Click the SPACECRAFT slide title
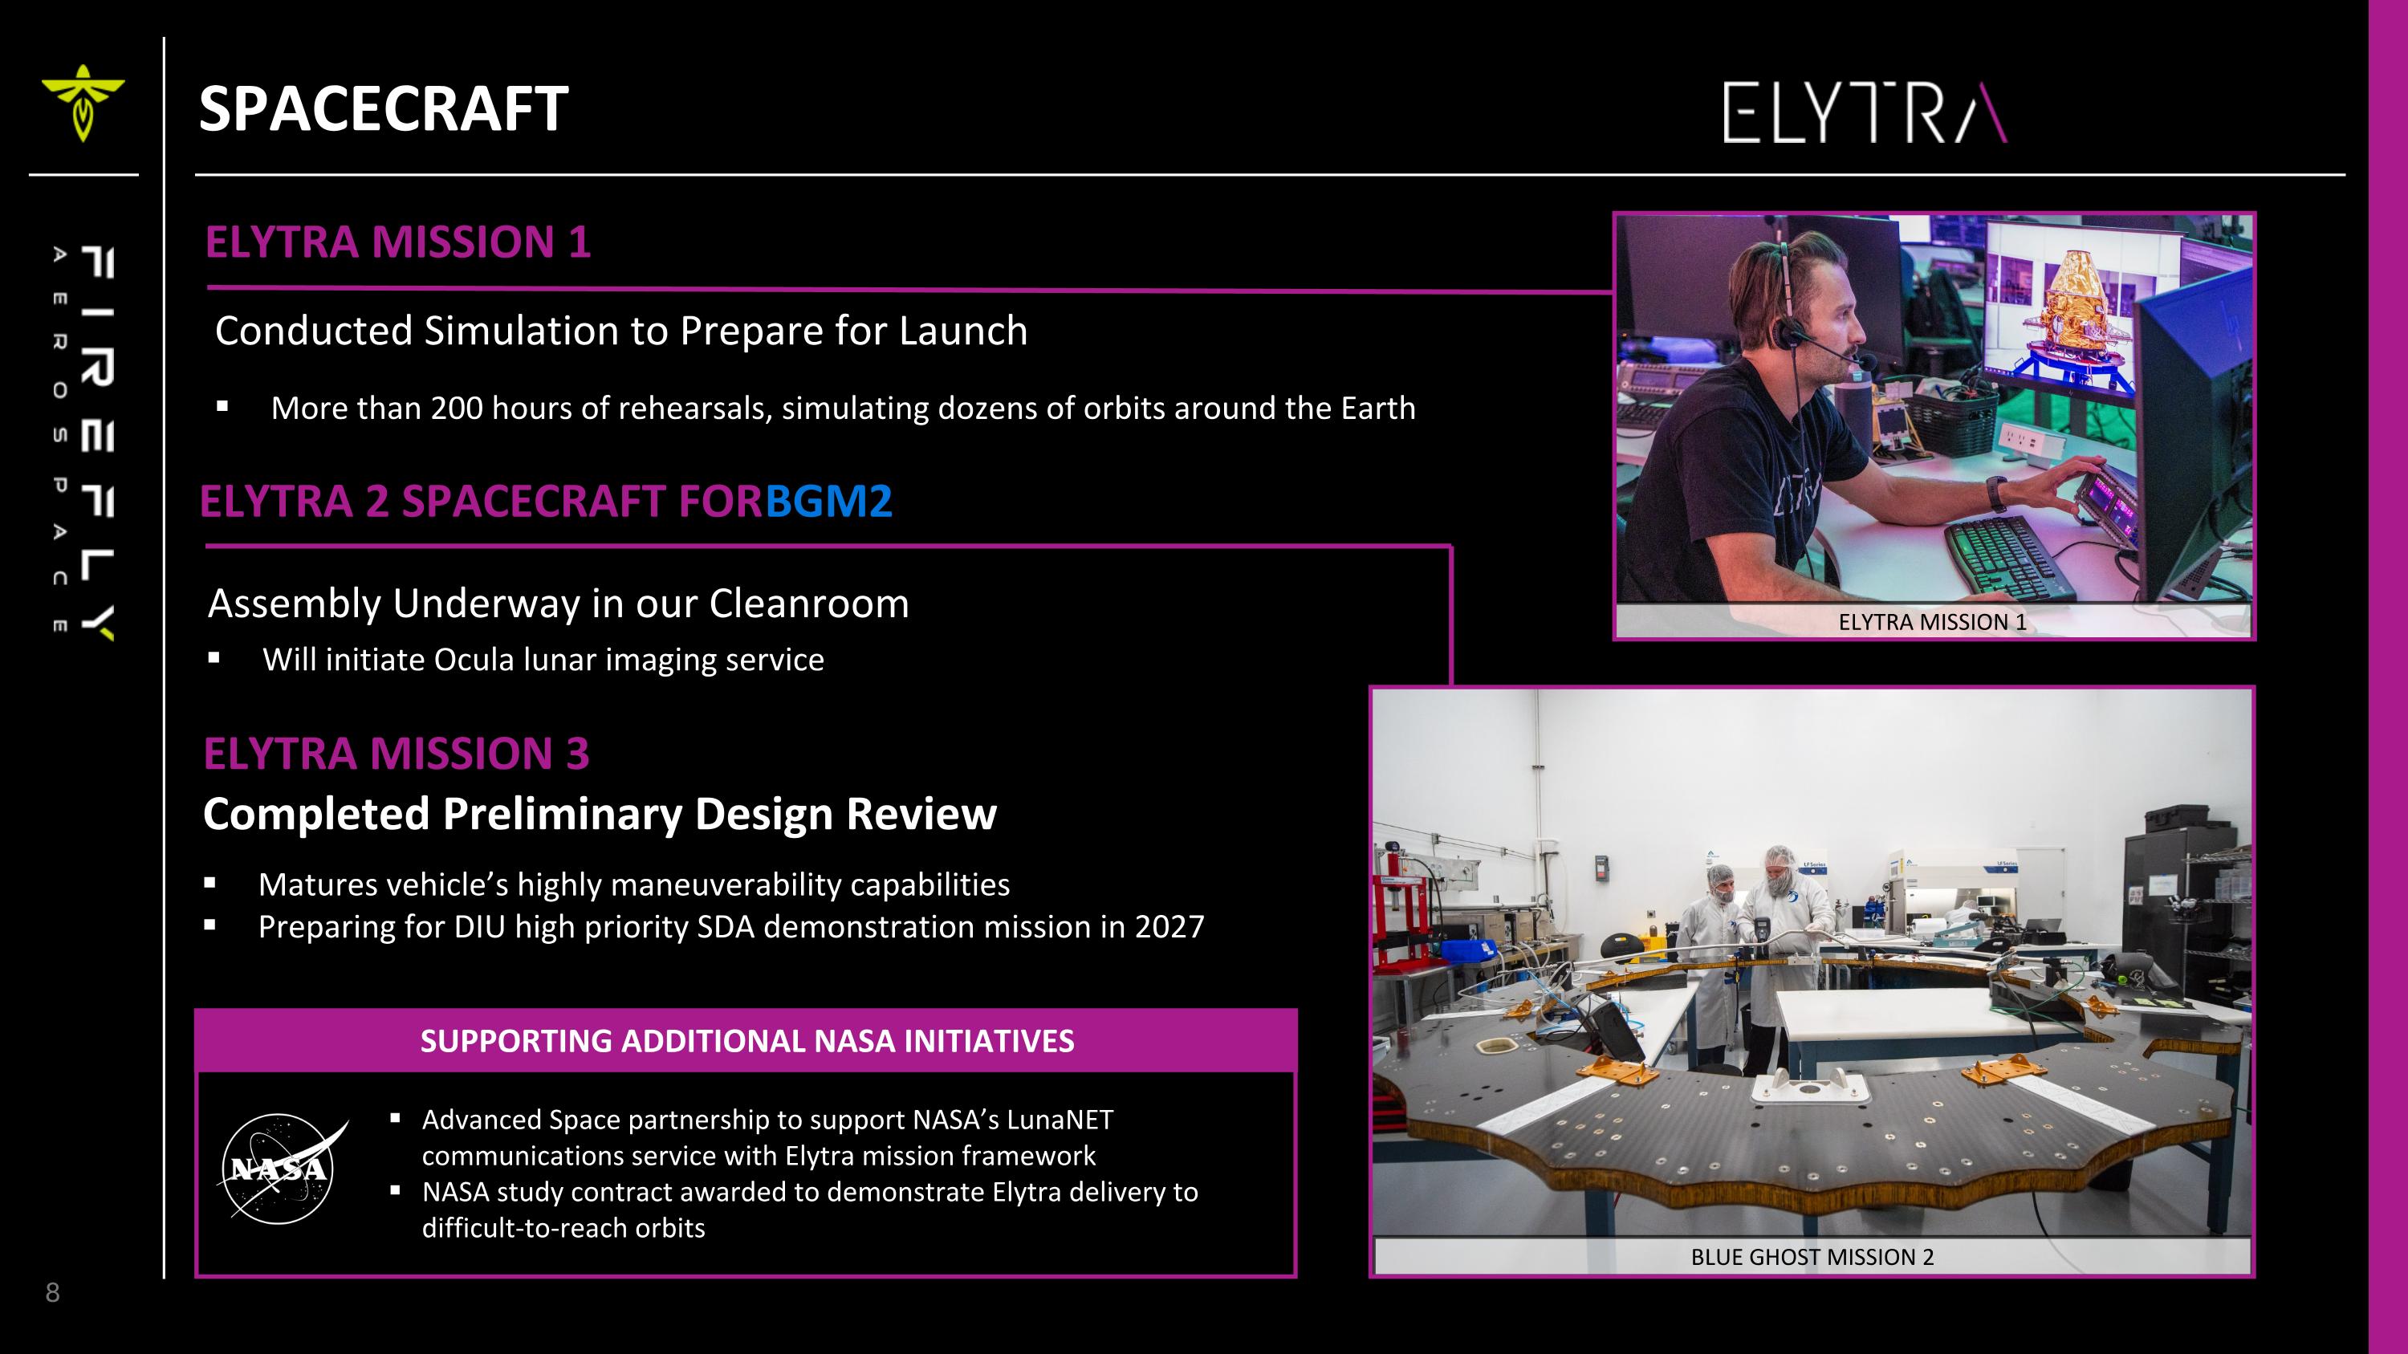click(x=383, y=108)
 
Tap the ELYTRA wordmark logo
click(x=1864, y=113)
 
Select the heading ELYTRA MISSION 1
click(x=397, y=242)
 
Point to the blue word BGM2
click(x=828, y=501)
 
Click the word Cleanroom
click(x=808, y=604)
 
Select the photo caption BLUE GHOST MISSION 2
click(x=1812, y=1257)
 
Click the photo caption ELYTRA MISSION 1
click(x=1931, y=622)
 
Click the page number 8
click(x=52, y=1293)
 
